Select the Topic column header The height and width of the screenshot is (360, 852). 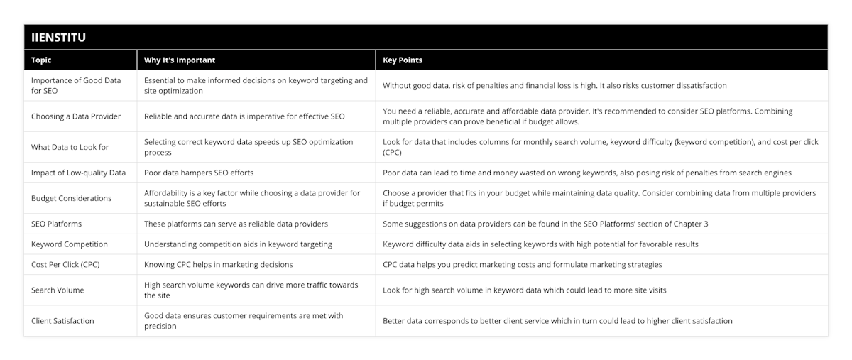tap(41, 60)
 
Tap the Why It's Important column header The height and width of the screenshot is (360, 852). tap(180, 60)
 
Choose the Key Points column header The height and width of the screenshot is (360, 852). tap(403, 60)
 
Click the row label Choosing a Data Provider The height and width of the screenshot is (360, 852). tap(76, 116)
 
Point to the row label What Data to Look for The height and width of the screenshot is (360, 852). tap(70, 147)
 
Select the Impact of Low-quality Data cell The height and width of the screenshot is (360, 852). tap(78, 173)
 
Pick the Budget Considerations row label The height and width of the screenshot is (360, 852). tap(71, 198)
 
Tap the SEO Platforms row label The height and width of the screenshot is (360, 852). tap(56, 224)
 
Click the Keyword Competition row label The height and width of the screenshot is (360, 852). tap(70, 244)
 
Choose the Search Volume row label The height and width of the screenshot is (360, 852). tap(58, 290)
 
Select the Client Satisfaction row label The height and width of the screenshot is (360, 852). tap(62, 321)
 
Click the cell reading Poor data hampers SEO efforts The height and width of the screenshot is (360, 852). tap(199, 173)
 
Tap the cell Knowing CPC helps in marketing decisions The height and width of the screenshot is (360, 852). tap(219, 265)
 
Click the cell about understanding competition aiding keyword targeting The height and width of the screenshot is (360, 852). tap(238, 244)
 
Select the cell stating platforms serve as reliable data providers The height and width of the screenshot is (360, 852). tap(236, 224)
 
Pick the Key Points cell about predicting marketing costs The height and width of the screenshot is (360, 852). tap(523, 265)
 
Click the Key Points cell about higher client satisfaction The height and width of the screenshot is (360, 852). tap(557, 321)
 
